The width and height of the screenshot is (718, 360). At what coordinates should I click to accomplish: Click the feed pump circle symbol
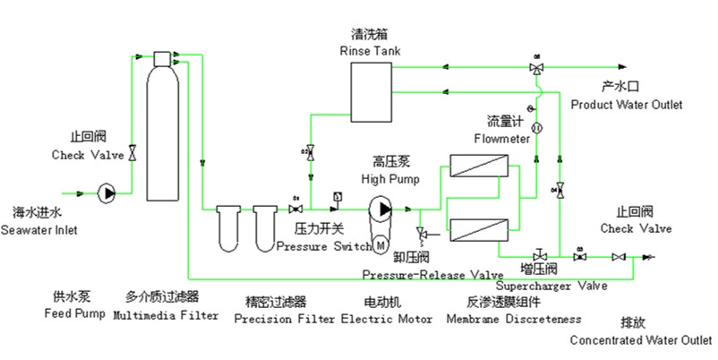click(107, 192)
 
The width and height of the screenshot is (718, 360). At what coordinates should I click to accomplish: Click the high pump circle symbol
click(384, 209)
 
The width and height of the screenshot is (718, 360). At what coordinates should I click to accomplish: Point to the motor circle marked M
click(380, 242)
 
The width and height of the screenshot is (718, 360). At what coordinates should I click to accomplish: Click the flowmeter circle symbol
click(537, 130)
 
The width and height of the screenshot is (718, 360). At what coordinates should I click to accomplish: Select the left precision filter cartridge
click(231, 228)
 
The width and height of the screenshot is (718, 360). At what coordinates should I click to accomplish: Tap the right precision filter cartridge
click(265, 228)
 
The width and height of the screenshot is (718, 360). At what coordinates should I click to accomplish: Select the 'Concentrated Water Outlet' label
click(641, 340)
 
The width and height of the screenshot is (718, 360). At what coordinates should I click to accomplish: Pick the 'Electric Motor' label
click(387, 319)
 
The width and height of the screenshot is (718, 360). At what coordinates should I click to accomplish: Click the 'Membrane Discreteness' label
click(513, 319)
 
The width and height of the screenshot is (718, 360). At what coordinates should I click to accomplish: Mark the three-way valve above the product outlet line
click(536, 68)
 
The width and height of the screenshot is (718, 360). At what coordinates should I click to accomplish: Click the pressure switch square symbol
click(336, 196)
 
